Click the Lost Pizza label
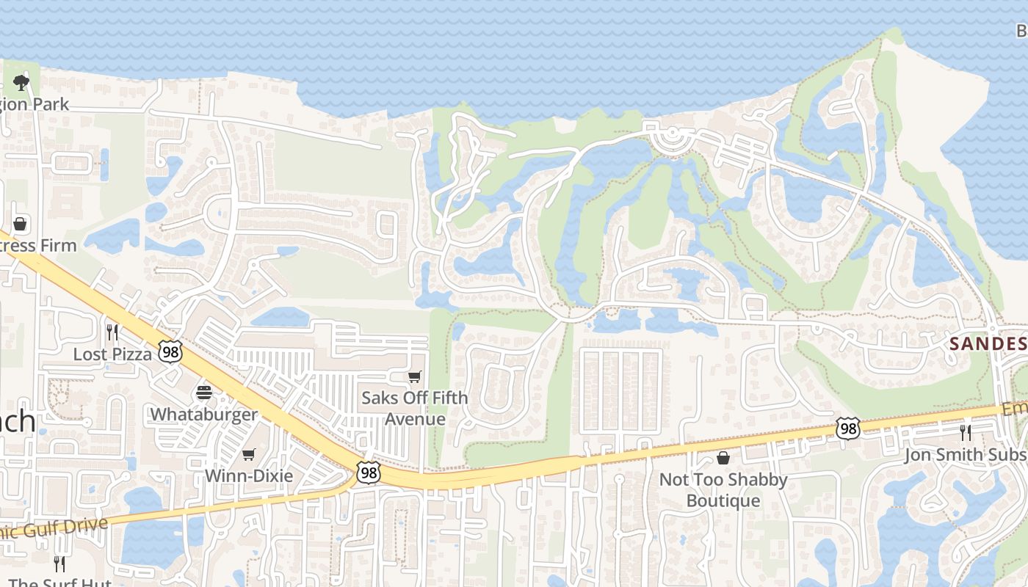(112, 354)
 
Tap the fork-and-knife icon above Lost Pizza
(112, 332)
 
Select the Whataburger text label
(204, 415)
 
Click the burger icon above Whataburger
(204, 393)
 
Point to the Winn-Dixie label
(249, 475)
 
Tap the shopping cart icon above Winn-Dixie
(249, 454)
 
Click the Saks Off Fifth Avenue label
(415, 409)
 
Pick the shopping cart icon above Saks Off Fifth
(415, 377)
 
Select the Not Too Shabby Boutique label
(723, 490)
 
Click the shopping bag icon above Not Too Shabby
(723, 459)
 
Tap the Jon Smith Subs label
(965, 455)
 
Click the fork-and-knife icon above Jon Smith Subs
(966, 432)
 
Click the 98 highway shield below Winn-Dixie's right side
(368, 473)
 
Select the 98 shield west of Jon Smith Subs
(848, 429)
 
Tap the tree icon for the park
(21, 82)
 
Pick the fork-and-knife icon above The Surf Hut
(59, 564)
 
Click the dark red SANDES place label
(988, 343)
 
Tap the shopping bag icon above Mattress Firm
(21, 223)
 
